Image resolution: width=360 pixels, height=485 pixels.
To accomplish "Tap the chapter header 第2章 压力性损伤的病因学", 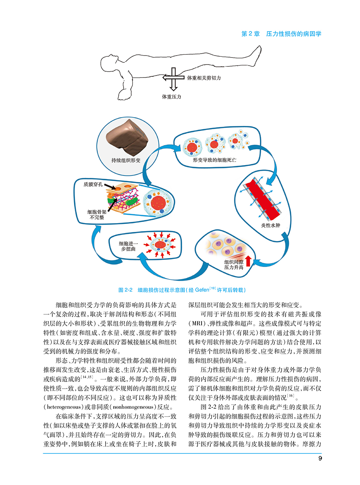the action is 282,34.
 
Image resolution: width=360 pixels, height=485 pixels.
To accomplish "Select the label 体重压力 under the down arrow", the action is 172,96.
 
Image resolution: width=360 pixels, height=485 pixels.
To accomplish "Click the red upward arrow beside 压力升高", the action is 248,260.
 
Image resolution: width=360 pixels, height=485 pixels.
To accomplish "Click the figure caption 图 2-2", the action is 126,289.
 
